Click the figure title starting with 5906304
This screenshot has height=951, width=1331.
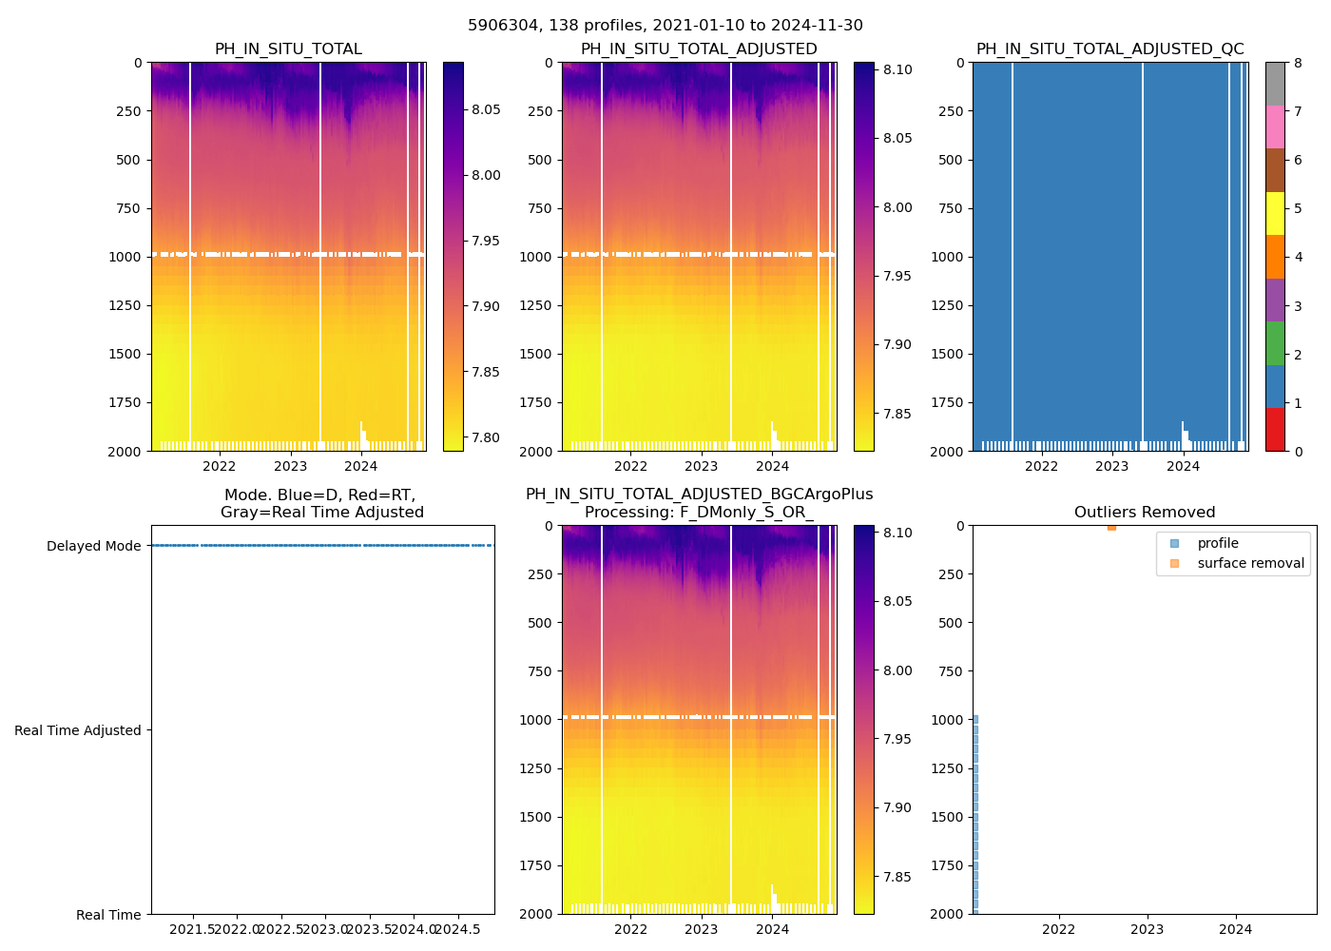(665, 26)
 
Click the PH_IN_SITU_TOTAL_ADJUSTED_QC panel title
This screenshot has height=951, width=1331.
(1109, 49)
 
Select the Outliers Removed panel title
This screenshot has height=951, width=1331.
(1145, 513)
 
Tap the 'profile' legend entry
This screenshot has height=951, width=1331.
(1218, 543)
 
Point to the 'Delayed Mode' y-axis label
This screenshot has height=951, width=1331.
(93, 546)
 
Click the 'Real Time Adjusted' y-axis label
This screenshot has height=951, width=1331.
(78, 730)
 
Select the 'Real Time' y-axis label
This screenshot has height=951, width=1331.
(108, 915)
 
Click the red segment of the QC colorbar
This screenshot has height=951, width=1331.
(1275, 430)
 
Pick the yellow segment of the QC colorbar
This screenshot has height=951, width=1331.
(1275, 214)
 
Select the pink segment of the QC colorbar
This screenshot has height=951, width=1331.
(1275, 127)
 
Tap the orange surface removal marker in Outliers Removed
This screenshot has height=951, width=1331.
(1111, 527)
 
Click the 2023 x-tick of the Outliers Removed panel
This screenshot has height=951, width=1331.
(1147, 929)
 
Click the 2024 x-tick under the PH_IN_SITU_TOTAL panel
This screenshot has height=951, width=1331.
(361, 466)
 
